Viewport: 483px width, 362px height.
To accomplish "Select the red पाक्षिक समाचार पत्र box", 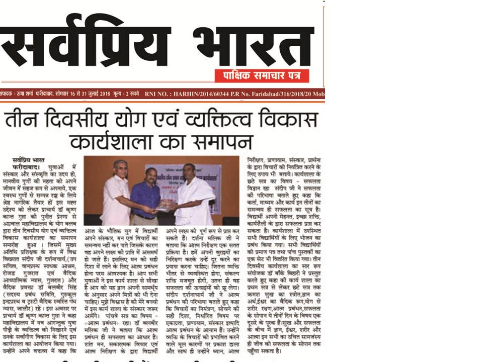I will coord(262,75).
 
